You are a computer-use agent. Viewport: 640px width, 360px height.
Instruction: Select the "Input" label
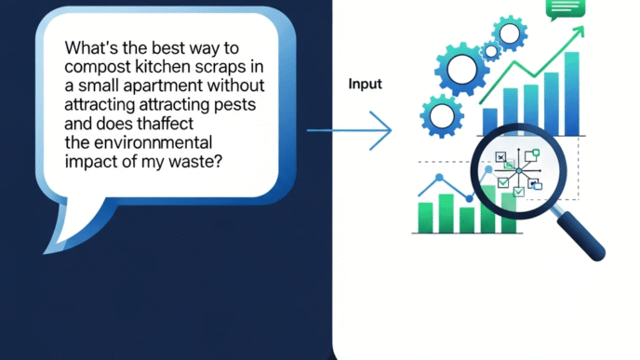click(366, 84)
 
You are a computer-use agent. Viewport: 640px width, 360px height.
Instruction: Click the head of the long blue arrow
click(384, 130)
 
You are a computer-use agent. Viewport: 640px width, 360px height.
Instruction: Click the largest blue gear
click(461, 69)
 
